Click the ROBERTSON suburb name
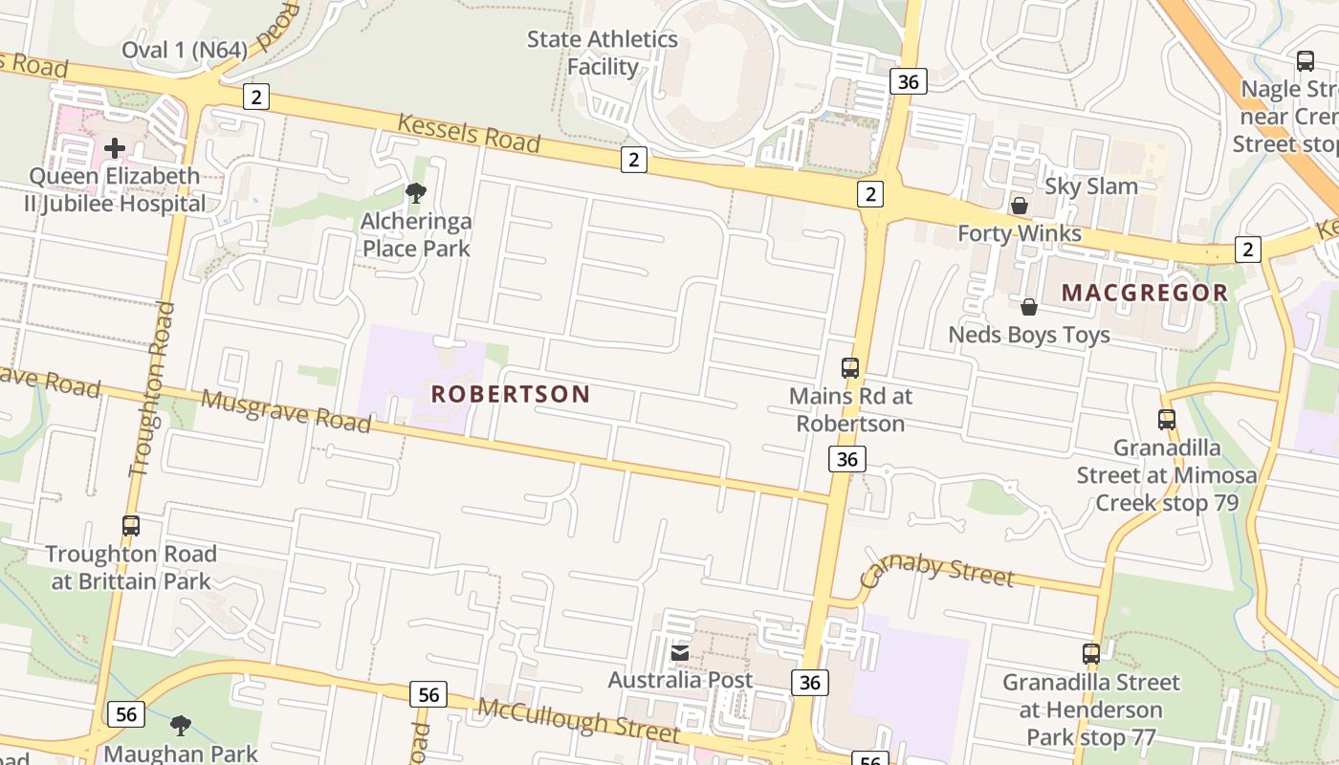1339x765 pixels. [511, 394]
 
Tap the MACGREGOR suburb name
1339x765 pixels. [1145, 293]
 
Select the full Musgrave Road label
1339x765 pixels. [286, 411]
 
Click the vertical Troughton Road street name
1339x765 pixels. [153, 389]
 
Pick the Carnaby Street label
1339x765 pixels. [936, 571]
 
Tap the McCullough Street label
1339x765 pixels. [579, 720]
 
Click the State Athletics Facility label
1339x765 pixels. [603, 53]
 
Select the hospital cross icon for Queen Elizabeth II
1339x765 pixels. [115, 148]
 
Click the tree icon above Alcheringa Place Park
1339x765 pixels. [415, 193]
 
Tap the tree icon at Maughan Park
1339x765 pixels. [180, 726]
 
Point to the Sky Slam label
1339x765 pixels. [1091, 186]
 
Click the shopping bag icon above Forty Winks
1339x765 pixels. [1020, 206]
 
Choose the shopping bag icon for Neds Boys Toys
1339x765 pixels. [1029, 307]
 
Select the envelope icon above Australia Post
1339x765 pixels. [680, 653]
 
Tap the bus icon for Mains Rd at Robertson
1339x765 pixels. [850, 367]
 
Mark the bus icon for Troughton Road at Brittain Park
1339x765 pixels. [131, 525]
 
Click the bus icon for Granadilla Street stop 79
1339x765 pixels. [1167, 419]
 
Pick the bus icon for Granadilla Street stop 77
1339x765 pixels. [1091, 654]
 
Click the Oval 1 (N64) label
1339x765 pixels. [185, 49]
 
